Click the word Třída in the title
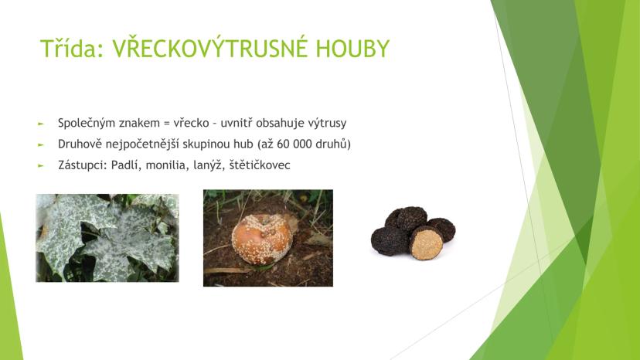click(71, 49)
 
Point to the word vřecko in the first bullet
click(192, 123)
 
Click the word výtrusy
click(328, 124)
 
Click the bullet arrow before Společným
click(40, 124)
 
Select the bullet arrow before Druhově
click(40, 144)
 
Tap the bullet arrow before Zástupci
click(40, 166)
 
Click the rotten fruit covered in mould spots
click(262, 239)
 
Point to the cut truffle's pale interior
click(427, 244)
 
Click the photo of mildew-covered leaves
click(107, 238)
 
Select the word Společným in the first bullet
click(81, 124)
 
